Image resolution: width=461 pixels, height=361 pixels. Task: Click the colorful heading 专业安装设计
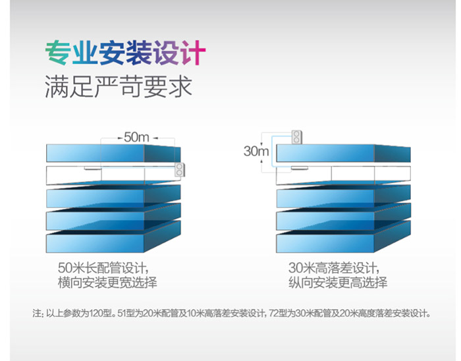pyautogui.click(x=126, y=53)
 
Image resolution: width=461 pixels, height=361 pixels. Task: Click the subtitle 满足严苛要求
pyautogui.click(x=119, y=86)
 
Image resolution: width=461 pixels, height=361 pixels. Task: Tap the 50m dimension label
pyautogui.click(x=136, y=137)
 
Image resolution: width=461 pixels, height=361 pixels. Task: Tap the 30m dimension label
pyautogui.click(x=256, y=151)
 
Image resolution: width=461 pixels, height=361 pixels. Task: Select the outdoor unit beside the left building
pyautogui.click(x=180, y=169)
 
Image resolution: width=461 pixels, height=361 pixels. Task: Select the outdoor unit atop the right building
pyautogui.click(x=296, y=137)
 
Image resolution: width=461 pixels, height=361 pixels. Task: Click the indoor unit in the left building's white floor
pyautogui.click(x=93, y=168)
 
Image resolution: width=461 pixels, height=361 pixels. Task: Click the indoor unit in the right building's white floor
pyautogui.click(x=300, y=168)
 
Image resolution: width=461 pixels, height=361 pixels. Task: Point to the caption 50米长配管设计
pyautogui.click(x=103, y=268)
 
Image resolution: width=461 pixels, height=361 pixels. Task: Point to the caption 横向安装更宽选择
pyautogui.click(x=107, y=283)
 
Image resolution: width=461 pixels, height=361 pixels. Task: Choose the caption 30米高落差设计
pyautogui.click(x=334, y=268)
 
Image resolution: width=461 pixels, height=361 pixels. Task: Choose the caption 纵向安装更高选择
pyautogui.click(x=338, y=283)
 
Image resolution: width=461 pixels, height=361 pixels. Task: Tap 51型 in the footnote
pyautogui.click(x=126, y=314)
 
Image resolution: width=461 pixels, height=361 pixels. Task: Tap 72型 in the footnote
pyautogui.click(x=278, y=314)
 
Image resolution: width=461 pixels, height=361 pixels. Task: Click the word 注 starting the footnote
pyautogui.click(x=37, y=314)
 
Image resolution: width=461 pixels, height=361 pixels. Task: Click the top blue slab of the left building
pyautogui.click(x=113, y=153)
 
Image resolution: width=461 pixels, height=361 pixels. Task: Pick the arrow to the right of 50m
pyautogui.click(x=155, y=138)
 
